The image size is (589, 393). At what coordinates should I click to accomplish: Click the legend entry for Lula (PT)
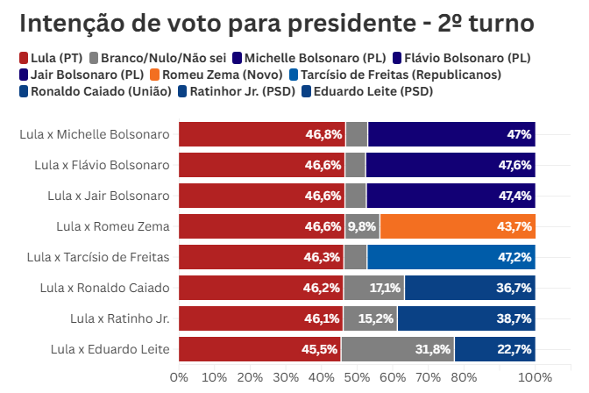point(55,59)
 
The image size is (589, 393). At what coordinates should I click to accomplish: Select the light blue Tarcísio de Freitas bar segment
point(451,257)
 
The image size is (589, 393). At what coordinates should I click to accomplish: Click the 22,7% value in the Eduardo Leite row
point(514,349)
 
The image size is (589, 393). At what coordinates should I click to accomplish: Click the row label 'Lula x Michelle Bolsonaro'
point(94,134)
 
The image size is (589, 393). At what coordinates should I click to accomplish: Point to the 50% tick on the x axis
point(357,377)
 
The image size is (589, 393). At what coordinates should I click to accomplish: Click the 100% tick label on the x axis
point(535,377)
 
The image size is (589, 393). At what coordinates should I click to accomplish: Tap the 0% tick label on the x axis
point(179,377)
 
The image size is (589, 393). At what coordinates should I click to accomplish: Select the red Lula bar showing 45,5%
point(259,349)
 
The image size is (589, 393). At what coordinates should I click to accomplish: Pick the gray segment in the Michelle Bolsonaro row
point(357,134)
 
